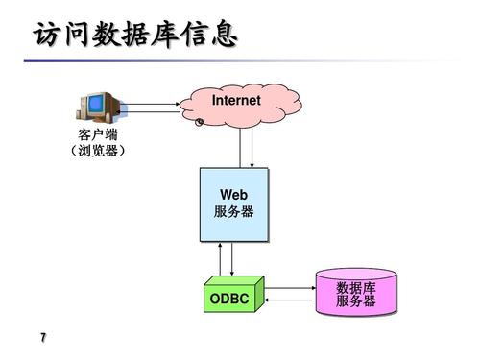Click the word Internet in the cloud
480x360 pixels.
click(236, 100)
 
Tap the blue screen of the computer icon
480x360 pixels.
click(92, 105)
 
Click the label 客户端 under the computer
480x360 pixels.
click(97, 135)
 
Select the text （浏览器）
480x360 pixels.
click(97, 152)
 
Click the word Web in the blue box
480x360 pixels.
click(234, 196)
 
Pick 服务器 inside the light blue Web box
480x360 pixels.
click(234, 212)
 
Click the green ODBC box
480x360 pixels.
click(229, 300)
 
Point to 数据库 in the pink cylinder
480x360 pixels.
click(356, 288)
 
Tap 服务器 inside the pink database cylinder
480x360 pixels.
click(356, 302)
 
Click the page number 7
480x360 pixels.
click(43, 338)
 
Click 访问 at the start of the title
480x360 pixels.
click(58, 36)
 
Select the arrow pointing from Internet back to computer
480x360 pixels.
click(154, 112)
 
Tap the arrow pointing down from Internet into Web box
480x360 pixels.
click(252, 149)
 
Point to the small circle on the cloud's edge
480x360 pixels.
click(199, 122)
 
